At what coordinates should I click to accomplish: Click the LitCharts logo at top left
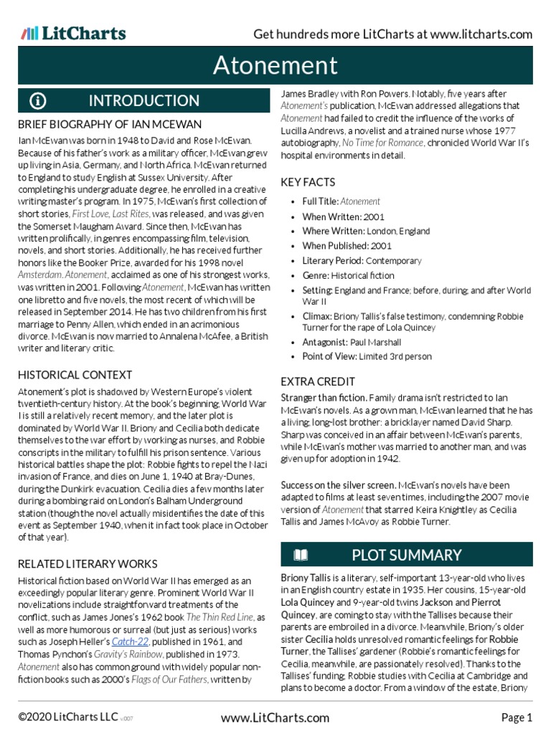click(x=73, y=33)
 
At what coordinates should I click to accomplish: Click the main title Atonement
click(x=275, y=66)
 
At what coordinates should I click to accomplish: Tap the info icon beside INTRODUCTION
click(x=38, y=100)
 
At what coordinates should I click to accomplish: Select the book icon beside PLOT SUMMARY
click(x=301, y=555)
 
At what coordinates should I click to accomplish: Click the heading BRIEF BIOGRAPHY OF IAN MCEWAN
click(x=109, y=125)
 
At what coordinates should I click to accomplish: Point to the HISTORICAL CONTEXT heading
click(x=75, y=375)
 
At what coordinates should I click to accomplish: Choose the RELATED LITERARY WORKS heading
click(x=89, y=563)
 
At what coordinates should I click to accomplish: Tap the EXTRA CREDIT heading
click(x=318, y=381)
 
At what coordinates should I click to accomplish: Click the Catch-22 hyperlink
click(x=127, y=642)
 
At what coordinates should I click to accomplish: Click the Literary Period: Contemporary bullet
click(x=362, y=261)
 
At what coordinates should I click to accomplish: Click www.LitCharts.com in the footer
click(x=275, y=718)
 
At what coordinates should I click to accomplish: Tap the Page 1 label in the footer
click(x=516, y=718)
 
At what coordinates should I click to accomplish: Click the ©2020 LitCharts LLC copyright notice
click(x=70, y=718)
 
